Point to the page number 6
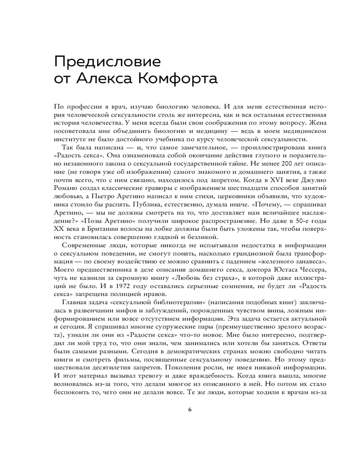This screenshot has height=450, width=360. click(x=190, y=409)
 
